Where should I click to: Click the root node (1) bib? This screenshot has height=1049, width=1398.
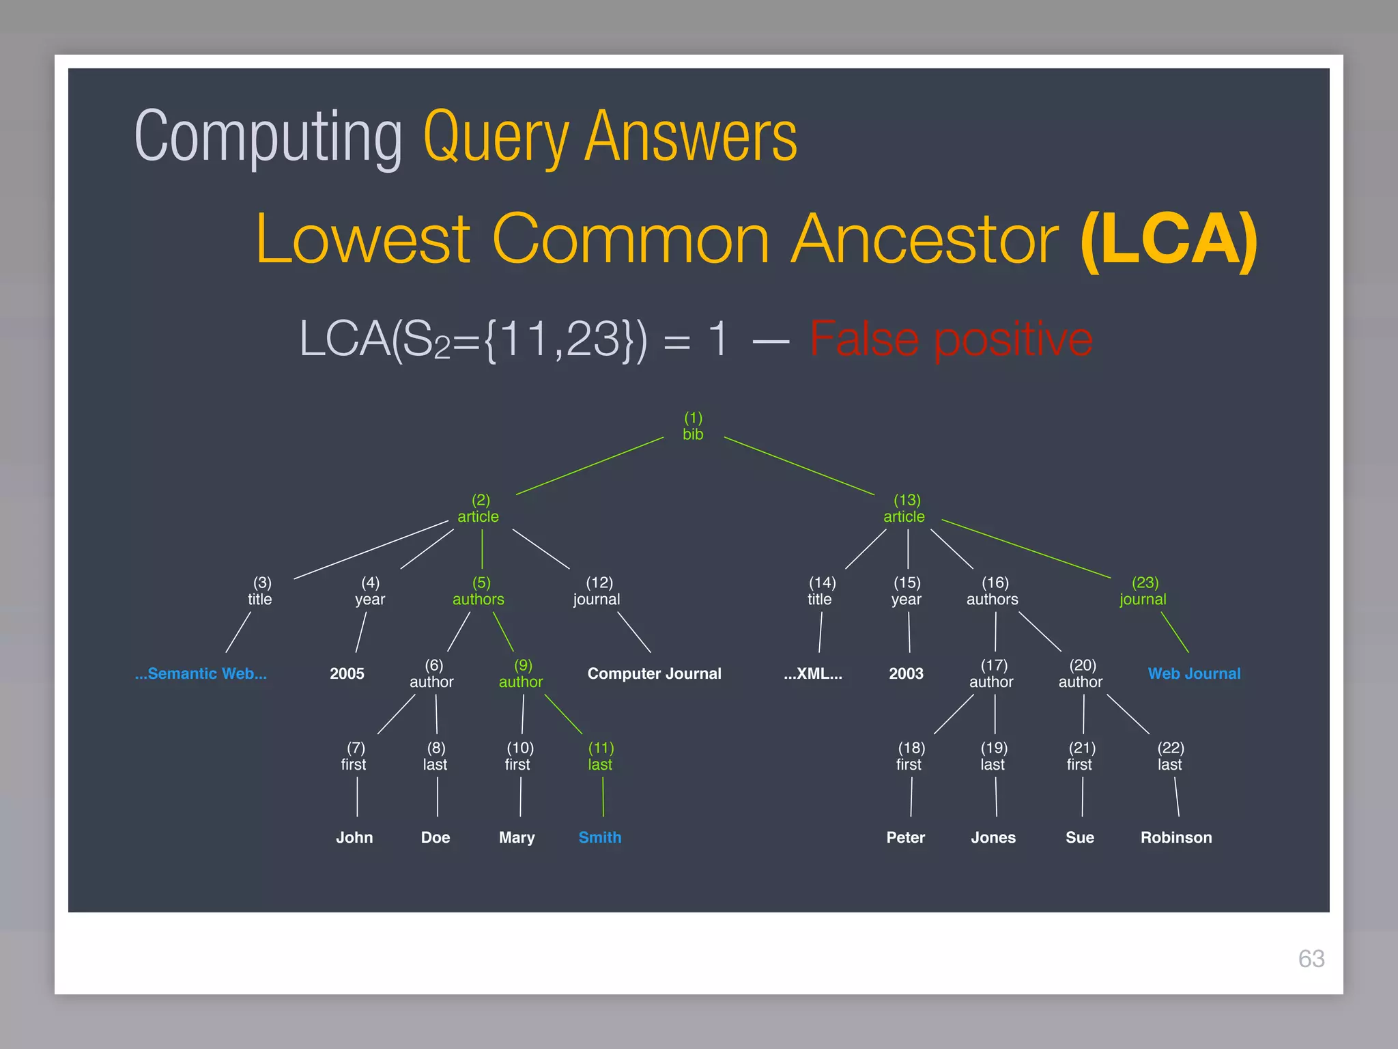pyautogui.click(x=693, y=426)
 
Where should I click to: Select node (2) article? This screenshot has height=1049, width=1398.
pyautogui.click(x=479, y=509)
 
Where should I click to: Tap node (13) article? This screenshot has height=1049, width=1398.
pyautogui.click(x=904, y=509)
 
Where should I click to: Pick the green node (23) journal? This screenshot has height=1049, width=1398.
pyautogui.click(x=1143, y=591)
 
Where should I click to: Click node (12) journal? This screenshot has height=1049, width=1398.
pyautogui.click(x=597, y=591)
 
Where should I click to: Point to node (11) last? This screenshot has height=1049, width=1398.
pyautogui.click(x=601, y=757)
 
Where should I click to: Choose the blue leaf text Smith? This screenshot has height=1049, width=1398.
pyautogui.click(x=600, y=837)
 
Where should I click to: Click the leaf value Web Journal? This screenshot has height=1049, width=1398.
pyautogui.click(x=1194, y=673)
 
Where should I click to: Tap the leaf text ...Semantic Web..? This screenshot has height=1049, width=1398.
pyautogui.click(x=201, y=673)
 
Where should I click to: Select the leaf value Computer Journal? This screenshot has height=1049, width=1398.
pyautogui.click(x=654, y=673)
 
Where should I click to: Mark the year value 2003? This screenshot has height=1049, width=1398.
pyautogui.click(x=906, y=673)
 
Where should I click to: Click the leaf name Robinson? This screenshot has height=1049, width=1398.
pyautogui.click(x=1176, y=837)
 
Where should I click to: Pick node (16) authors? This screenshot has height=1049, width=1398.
pyautogui.click(x=993, y=591)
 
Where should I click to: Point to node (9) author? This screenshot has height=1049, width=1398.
pyautogui.click(x=521, y=674)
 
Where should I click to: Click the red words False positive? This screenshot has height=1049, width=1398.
pyautogui.click(x=951, y=339)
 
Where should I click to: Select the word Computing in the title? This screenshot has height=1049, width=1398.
pyautogui.click(x=268, y=137)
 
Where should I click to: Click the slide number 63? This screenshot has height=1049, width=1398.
pyautogui.click(x=1311, y=959)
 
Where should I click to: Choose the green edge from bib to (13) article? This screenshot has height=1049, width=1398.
pyautogui.click(x=799, y=466)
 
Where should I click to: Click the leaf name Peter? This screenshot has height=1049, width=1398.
pyautogui.click(x=905, y=837)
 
